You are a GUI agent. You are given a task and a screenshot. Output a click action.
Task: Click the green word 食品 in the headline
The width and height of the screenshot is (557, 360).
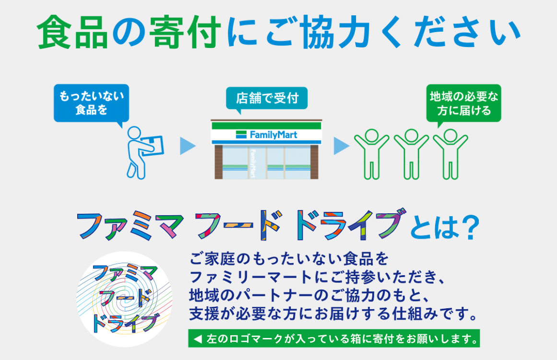(72, 33)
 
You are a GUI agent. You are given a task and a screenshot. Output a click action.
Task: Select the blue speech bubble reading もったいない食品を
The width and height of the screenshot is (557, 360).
(91, 104)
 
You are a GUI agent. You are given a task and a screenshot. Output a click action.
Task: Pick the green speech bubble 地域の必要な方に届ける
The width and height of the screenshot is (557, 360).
(463, 104)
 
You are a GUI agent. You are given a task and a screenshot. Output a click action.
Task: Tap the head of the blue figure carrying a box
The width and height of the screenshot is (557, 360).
(135, 133)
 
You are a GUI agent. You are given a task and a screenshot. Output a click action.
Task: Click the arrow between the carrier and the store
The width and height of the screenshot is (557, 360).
(187, 146)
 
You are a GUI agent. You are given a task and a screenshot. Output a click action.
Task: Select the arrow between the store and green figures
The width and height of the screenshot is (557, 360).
(341, 146)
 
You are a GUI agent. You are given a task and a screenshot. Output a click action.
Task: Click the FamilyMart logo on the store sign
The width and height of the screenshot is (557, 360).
(267, 135)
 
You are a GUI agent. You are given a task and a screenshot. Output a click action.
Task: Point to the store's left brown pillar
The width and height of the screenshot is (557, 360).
(218, 162)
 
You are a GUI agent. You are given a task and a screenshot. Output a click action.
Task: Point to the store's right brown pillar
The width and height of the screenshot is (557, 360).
(314, 162)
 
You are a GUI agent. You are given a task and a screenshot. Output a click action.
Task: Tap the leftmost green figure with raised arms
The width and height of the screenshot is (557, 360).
(372, 154)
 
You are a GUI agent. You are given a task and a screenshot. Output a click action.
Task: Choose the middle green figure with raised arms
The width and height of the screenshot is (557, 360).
(411, 154)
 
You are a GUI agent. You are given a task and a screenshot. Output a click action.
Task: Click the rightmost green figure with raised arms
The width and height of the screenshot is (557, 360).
(450, 154)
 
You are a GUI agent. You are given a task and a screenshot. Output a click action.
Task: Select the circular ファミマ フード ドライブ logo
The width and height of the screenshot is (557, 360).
(125, 299)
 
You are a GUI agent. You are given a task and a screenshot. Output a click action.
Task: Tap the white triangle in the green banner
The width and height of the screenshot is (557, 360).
(198, 339)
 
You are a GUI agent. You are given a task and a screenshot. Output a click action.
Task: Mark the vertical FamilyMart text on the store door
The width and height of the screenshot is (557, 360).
(253, 163)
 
